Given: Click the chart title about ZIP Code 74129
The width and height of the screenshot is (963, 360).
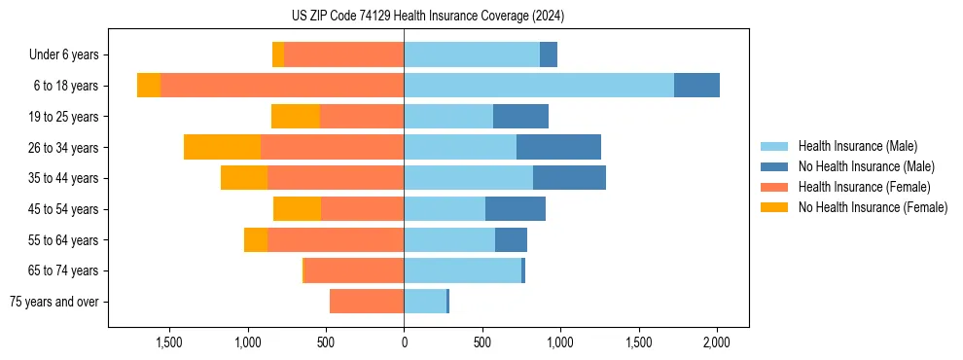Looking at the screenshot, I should (428, 16).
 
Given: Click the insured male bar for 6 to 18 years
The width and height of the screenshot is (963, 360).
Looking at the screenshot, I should (539, 86).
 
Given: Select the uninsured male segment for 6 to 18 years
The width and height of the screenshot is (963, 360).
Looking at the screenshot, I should (696, 86).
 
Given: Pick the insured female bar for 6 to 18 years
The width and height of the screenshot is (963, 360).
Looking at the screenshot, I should (282, 86).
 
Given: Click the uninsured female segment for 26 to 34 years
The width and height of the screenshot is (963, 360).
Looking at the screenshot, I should (222, 148).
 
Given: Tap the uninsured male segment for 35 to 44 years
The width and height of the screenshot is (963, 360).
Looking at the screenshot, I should (569, 178).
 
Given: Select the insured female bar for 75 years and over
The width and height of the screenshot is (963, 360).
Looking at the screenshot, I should (367, 302).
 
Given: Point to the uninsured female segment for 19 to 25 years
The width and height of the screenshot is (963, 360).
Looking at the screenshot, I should (296, 117).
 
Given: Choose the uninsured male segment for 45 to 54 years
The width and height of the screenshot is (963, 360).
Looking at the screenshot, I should (516, 209).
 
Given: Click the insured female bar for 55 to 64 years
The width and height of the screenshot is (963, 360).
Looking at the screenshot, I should (336, 240).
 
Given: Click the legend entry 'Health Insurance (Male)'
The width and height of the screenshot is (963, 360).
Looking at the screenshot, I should (857, 146).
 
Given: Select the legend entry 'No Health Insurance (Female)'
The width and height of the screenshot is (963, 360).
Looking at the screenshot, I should (873, 207).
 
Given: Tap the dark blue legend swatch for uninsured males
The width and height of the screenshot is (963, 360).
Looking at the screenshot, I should (774, 166).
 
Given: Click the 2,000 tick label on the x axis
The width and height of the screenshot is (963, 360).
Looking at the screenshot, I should (717, 342).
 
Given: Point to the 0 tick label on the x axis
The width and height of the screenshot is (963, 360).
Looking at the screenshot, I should (404, 342).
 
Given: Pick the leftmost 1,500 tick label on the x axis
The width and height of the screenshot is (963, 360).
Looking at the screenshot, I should (169, 342).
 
